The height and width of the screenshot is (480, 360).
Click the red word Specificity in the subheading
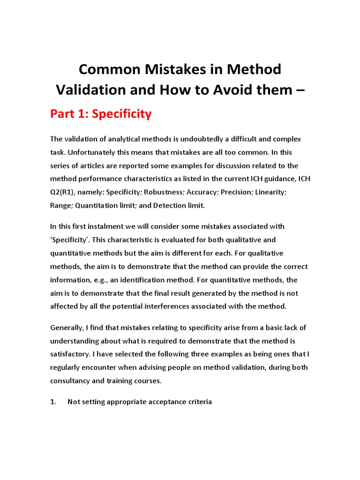click(122, 114)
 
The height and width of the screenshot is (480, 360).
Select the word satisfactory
click(69, 354)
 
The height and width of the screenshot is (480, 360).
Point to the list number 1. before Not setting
click(53, 402)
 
